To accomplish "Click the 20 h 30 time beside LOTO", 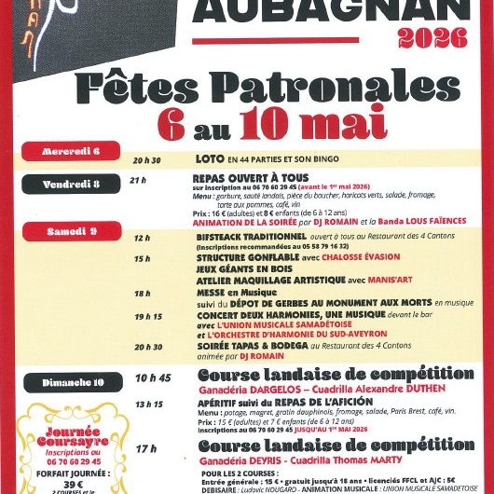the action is click(x=147, y=158).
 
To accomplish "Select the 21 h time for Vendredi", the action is click(x=139, y=178).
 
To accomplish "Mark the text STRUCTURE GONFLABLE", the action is click(x=240, y=258).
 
